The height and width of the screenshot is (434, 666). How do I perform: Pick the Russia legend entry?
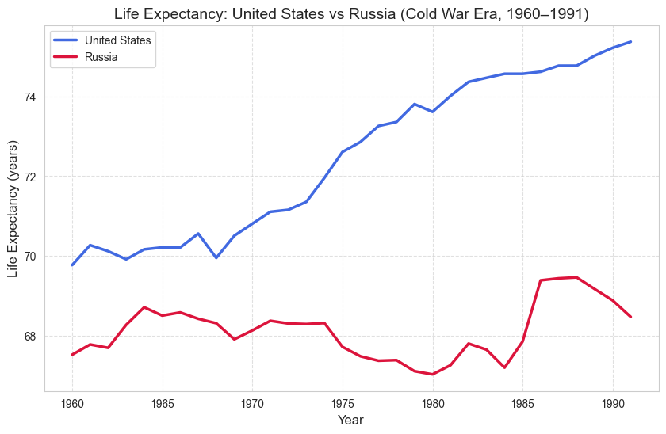coord(101,57)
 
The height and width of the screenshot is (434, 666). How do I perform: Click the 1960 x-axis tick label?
coord(72,402)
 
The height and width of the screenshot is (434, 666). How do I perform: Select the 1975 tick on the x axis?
coord(343,402)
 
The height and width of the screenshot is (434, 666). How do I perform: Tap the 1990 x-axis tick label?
coord(613,402)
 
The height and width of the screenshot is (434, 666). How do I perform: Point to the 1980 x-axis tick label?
coord(433,402)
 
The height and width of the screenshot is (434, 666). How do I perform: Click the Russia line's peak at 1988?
coord(576,277)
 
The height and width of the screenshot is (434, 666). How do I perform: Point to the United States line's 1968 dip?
coord(216,258)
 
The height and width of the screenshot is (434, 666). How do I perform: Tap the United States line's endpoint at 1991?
coord(631,41)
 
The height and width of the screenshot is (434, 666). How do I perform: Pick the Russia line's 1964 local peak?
coord(144,307)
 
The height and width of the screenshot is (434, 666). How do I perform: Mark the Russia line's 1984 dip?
coord(505,367)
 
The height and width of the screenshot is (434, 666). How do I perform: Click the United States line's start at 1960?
coord(72,265)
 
